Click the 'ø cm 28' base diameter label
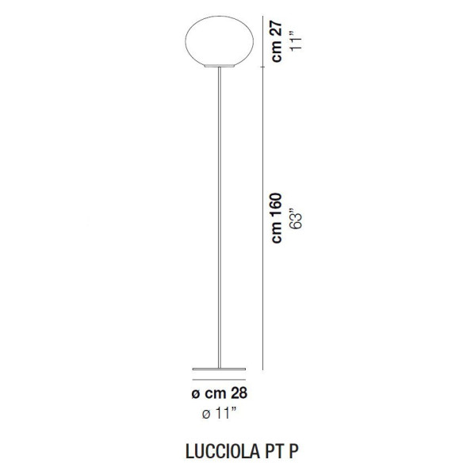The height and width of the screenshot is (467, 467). (216, 392)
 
